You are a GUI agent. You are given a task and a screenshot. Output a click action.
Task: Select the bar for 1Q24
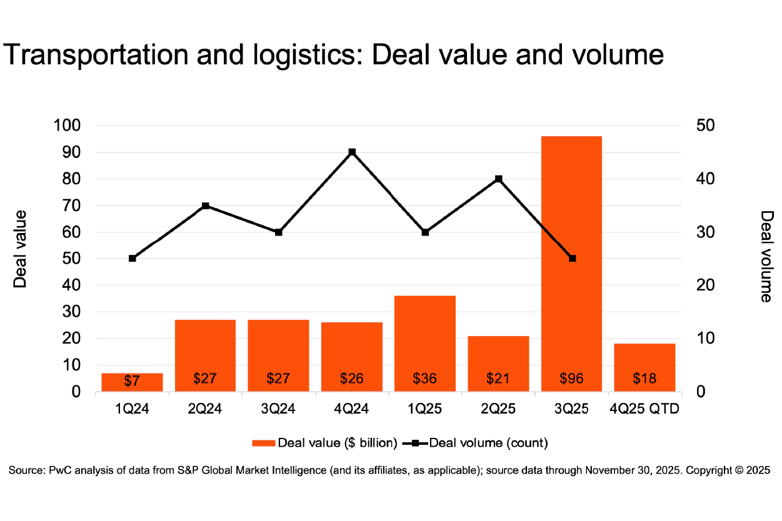[x=132, y=382]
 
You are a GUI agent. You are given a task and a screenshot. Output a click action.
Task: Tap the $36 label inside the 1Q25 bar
[x=425, y=378]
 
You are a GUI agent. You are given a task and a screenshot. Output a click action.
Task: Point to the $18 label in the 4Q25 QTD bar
[x=644, y=378]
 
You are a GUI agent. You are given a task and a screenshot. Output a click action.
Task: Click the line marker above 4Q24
[x=352, y=152]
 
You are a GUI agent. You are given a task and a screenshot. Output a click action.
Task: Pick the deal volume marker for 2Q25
[x=499, y=179]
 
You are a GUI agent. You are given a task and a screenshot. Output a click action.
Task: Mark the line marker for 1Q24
[x=133, y=258]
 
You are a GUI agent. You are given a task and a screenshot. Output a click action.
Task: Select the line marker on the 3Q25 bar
[x=572, y=258]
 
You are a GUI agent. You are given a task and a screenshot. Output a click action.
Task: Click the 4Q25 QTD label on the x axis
[x=644, y=409]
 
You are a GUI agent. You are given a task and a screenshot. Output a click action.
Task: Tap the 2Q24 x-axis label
[x=206, y=409]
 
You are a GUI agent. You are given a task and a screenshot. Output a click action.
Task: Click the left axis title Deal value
[x=21, y=249]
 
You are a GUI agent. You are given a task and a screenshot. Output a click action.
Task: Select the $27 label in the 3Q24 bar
[x=279, y=378]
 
